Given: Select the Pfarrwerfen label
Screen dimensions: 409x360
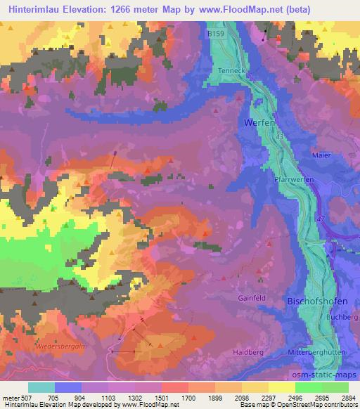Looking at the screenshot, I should point(292,180).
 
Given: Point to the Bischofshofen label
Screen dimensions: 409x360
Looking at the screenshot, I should point(316,301).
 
